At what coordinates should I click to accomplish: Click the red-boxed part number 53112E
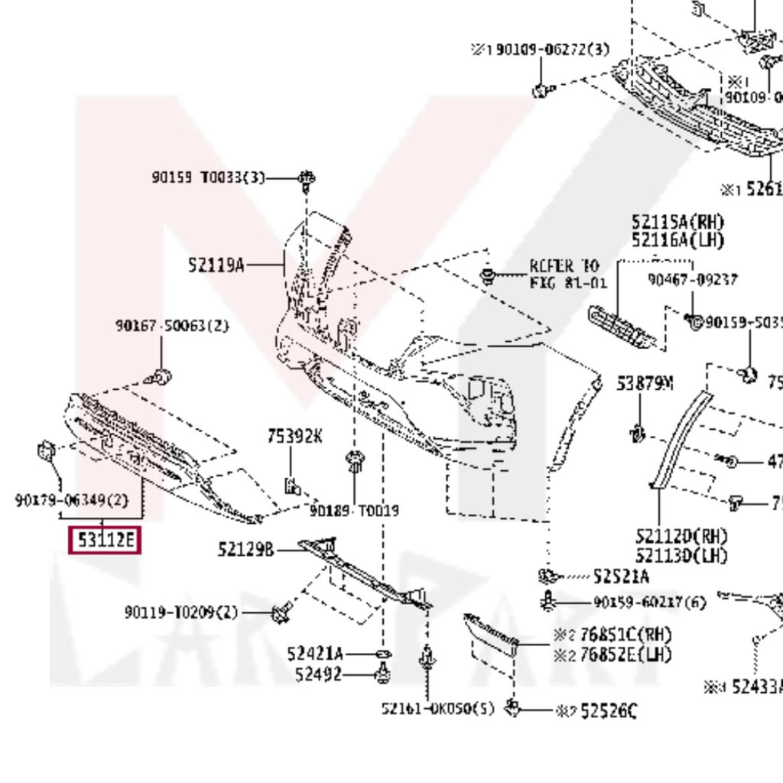coord(105,541)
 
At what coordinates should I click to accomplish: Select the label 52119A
coord(216,265)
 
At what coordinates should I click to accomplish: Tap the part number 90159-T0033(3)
coord(208,177)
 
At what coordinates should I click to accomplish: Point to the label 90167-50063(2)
coord(172,326)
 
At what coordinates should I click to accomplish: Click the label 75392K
coord(294,437)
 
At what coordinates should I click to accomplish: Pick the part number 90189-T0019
coord(354,510)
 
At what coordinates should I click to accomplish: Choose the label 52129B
coord(245,549)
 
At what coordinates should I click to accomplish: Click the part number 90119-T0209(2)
coord(181,612)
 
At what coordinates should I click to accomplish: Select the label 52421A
coord(315,654)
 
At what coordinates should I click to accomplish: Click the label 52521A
coord(621,576)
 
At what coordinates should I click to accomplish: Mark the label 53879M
coord(645,383)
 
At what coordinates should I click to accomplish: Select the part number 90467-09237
coord(693,280)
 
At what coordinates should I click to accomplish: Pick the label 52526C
coord(608,711)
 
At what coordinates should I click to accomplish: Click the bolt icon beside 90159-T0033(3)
coord(307,179)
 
